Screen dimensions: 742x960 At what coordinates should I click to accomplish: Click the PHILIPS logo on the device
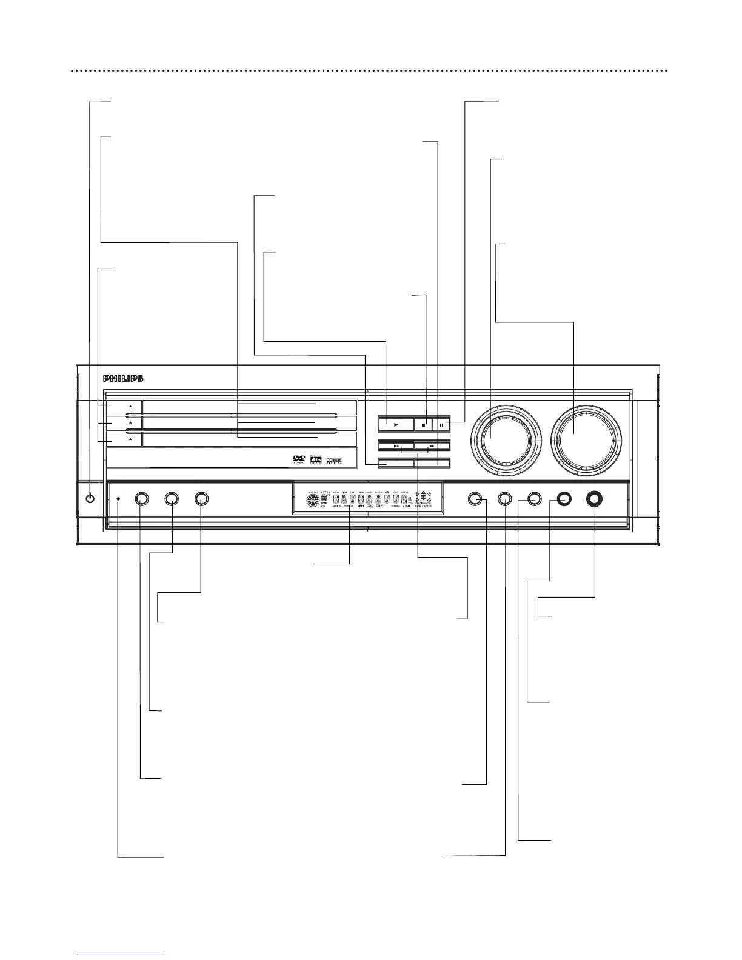[123, 379]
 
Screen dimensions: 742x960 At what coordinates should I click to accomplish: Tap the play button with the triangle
[395, 425]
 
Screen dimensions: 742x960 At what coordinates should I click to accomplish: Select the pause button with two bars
[441, 425]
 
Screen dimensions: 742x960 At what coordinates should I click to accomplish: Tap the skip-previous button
[395, 446]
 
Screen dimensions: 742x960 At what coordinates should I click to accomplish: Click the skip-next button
[432, 446]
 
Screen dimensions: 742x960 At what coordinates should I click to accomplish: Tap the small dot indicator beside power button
[118, 499]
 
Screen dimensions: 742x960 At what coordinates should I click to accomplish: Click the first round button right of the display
[475, 499]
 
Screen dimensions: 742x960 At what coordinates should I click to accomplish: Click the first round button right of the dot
[141, 499]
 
